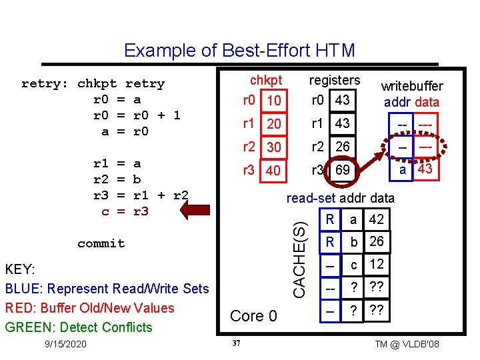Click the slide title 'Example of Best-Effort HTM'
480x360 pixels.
[239, 51]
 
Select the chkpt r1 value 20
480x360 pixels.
[274, 125]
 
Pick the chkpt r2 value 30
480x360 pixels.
[274, 147]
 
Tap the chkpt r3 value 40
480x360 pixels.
[274, 171]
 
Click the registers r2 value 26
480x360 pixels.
[343, 147]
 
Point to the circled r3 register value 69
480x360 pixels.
[341, 171]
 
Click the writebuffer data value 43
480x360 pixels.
[425, 169]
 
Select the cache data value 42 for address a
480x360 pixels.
[376, 219]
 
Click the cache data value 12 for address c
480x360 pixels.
[376, 265]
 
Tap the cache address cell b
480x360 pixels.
[355, 241]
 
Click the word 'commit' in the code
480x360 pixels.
[101, 243]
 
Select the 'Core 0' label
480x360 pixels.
[253, 316]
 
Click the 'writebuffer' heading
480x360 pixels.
[411, 87]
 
